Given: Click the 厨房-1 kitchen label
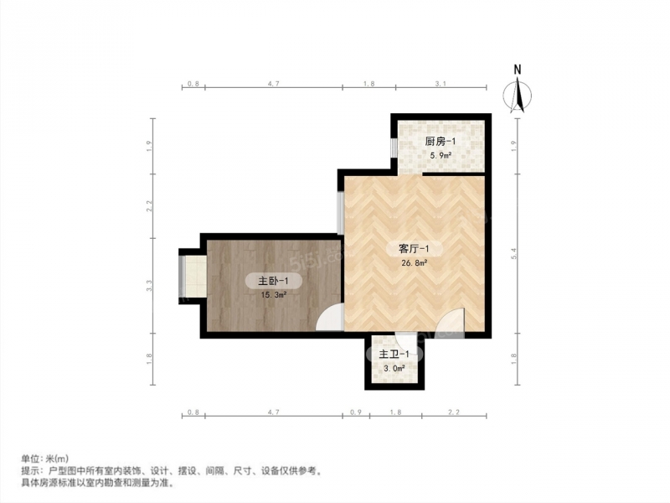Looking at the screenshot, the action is (441, 142).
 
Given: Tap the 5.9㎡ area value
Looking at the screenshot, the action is (441, 156).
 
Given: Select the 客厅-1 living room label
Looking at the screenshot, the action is (414, 248).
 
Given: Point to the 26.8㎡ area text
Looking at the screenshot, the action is (415, 263).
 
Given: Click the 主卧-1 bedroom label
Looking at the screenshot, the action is (273, 281).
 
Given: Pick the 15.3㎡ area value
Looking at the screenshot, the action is (274, 295).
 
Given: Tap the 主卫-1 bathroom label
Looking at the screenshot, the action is (394, 354).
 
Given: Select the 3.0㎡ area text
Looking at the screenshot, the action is (394, 368).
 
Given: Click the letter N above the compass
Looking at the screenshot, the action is (518, 70).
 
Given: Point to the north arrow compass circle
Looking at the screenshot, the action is (503, 95).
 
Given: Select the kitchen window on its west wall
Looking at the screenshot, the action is (394, 148).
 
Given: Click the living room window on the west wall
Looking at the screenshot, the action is (341, 213).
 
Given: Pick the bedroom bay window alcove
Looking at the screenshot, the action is (193, 277).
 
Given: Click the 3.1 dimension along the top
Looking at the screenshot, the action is (441, 84).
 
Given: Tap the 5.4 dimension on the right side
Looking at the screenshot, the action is (514, 253).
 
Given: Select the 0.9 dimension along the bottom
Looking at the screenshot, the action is (356, 412).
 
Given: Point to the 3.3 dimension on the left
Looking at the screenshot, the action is (149, 285).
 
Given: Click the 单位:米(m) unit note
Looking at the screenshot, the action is (45, 459).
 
